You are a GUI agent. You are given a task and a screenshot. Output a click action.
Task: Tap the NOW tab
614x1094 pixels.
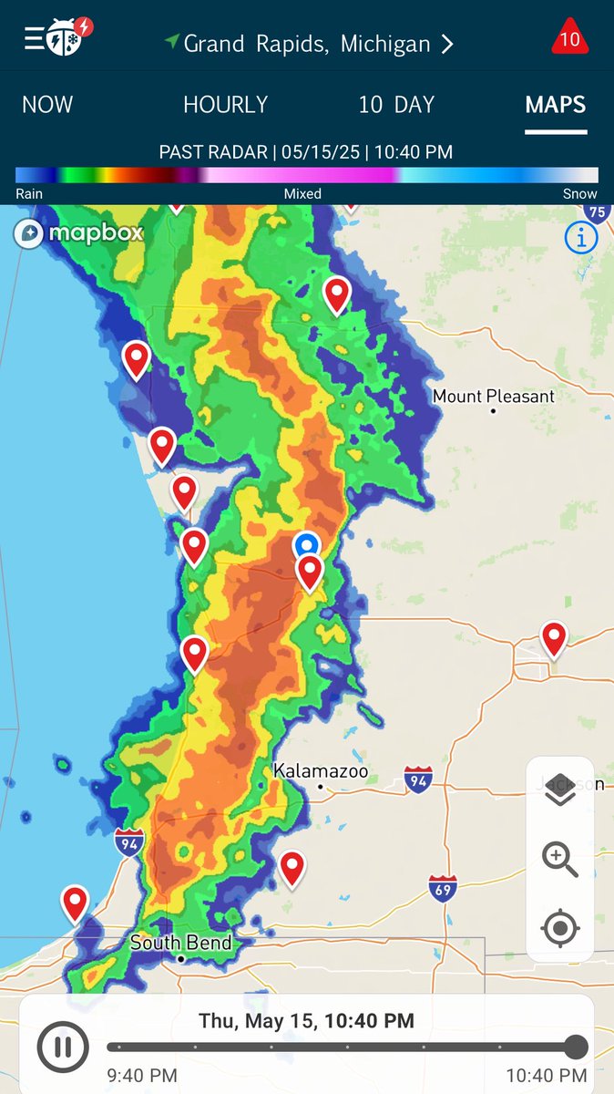click(x=47, y=105)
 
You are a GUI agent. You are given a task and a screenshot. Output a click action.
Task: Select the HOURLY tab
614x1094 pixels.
click(x=225, y=105)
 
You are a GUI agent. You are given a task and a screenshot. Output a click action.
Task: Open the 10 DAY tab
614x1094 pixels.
click(x=396, y=105)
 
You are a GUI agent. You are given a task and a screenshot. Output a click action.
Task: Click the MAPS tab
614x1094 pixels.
click(x=555, y=105)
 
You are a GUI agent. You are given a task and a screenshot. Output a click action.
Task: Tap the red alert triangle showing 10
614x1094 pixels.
click(x=569, y=38)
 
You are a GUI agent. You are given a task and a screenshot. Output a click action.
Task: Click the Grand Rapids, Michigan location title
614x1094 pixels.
click(x=307, y=44)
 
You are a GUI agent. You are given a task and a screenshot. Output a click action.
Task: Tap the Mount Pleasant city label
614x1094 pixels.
click(x=493, y=397)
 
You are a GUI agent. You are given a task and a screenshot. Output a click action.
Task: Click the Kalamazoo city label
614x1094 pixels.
click(x=321, y=772)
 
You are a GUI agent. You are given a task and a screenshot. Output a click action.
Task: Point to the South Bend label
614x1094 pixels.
click(x=180, y=943)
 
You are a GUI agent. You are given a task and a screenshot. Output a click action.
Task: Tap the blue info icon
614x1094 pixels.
click(x=581, y=238)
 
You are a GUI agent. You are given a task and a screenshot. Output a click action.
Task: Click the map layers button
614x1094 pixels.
click(x=560, y=790)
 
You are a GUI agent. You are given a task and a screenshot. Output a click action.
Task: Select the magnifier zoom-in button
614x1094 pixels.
click(x=560, y=859)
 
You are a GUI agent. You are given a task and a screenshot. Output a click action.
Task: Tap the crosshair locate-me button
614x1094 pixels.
click(x=560, y=929)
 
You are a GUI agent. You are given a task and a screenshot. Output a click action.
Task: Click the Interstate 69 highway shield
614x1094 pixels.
click(x=443, y=887)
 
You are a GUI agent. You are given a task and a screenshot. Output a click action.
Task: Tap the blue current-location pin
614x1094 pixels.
click(x=307, y=545)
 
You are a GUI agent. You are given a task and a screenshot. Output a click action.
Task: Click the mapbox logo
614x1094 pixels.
click(x=79, y=232)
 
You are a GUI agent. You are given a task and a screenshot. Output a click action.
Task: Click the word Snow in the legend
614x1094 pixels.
click(x=579, y=193)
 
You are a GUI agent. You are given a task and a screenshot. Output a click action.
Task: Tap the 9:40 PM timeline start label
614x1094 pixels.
click(x=142, y=1076)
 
